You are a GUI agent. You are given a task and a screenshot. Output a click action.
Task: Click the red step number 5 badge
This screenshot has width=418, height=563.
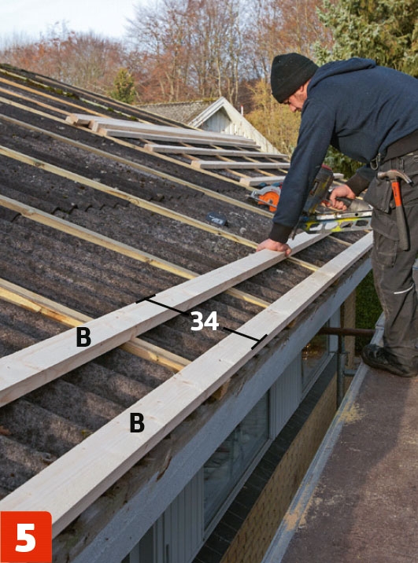pos(26,537)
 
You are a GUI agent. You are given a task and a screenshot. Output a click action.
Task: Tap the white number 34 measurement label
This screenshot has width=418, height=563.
pos(205,321)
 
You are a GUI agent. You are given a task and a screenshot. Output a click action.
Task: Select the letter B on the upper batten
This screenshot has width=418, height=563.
pos(83,337)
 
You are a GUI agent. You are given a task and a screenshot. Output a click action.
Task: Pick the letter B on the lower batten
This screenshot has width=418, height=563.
pos(137,422)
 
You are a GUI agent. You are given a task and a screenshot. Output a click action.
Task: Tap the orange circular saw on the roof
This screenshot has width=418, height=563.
pos(267,197)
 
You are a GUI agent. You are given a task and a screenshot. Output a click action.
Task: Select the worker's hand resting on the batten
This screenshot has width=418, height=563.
pos(274,247)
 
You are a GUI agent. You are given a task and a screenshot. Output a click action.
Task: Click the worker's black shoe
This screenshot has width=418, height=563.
pos(388,361)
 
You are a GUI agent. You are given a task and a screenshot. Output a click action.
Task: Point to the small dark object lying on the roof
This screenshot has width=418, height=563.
pos(216,219)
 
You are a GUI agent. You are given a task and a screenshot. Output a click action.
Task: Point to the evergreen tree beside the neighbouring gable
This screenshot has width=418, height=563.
pos(124,86)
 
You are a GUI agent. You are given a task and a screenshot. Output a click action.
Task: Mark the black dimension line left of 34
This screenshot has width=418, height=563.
pos(162,304)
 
